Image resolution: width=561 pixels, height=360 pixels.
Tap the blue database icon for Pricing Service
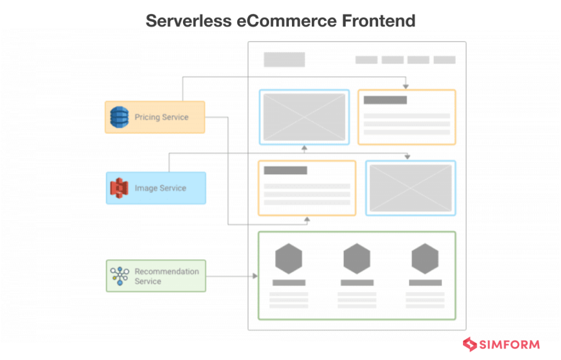point(119,117)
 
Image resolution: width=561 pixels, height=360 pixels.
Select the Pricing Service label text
point(162,117)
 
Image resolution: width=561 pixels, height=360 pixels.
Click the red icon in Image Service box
point(119,188)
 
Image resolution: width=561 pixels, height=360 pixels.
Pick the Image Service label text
point(161,188)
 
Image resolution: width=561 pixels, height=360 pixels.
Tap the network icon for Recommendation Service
point(119,276)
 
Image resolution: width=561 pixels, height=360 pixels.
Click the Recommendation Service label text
point(167,276)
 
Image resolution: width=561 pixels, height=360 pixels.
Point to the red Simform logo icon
point(470,345)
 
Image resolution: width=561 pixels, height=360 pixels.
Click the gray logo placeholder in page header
point(284,60)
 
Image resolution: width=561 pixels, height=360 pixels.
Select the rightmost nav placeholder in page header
point(444,60)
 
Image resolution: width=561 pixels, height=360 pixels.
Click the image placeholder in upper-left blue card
point(304,117)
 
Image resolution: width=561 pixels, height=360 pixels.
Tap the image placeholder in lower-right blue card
point(410,188)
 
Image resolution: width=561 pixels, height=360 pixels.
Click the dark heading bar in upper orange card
point(385,100)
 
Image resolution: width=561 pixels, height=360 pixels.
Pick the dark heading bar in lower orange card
point(285,170)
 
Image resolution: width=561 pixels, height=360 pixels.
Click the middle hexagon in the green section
point(357,259)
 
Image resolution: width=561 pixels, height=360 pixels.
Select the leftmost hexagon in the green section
point(289,259)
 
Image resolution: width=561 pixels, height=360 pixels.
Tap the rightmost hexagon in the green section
point(425,259)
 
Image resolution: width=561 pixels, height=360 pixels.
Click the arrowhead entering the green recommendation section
point(255,276)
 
